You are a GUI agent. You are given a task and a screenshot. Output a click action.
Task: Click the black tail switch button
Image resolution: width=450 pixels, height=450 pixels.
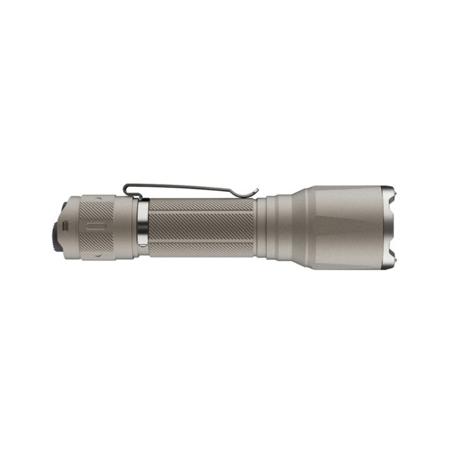pyautogui.click(x=56, y=228)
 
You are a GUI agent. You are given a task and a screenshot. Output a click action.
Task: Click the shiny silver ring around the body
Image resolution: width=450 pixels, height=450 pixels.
pyautogui.click(x=143, y=228)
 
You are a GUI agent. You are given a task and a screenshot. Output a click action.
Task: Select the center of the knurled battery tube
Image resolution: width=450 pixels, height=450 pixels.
pyautogui.click(x=201, y=228)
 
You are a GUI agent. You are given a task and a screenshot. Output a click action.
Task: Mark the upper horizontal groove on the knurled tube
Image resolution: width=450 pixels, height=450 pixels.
pyautogui.click(x=201, y=213)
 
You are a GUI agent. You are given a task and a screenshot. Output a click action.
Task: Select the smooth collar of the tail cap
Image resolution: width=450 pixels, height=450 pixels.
pyautogui.click(x=127, y=228)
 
